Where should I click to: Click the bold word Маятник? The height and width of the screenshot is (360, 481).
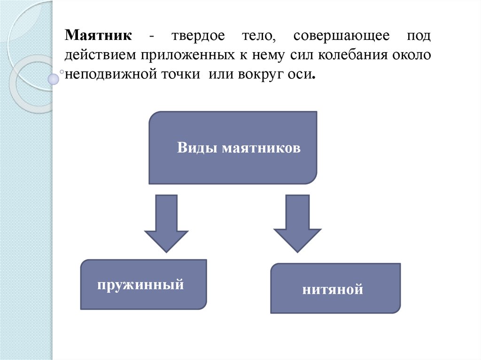pyautogui.click(x=98, y=36)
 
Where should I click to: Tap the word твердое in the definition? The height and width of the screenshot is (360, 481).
pyautogui.click(x=194, y=36)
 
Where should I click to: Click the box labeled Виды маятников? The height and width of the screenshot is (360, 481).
pyautogui.click(x=233, y=147)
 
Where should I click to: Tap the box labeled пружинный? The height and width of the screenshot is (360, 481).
pyautogui.click(x=143, y=284)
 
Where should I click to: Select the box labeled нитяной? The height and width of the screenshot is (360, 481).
pyautogui.click(x=335, y=289)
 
